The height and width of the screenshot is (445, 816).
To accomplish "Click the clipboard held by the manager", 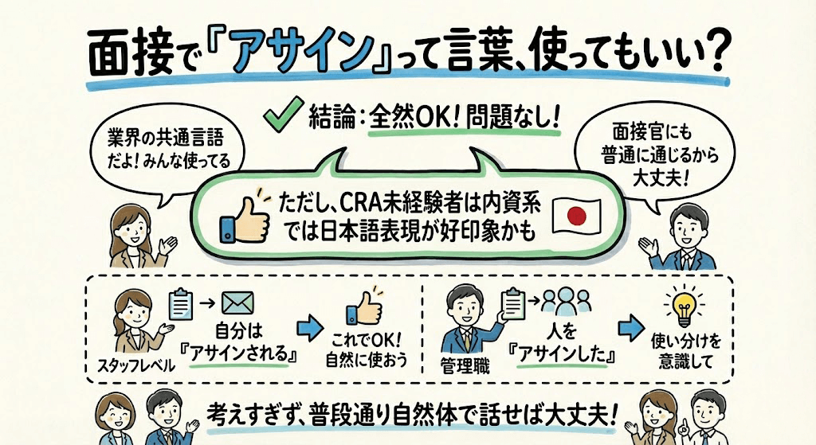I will pyautogui.click(x=510, y=303).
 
